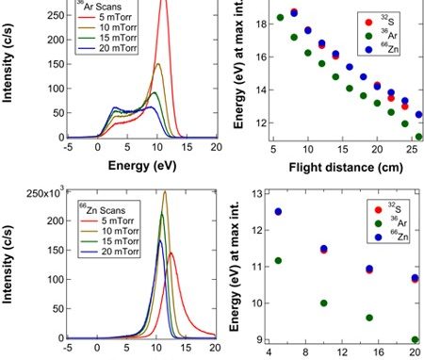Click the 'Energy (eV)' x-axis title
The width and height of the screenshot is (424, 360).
tap(142, 165)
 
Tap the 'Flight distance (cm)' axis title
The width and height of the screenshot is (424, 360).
tap(346, 167)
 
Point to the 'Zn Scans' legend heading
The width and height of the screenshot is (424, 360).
tap(102, 209)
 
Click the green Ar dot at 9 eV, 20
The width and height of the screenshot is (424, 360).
tap(416, 339)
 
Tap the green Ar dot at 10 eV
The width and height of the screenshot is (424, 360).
tap(324, 303)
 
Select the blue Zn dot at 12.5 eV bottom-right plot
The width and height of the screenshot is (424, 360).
tap(278, 212)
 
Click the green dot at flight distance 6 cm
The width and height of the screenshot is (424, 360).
tap(280, 17)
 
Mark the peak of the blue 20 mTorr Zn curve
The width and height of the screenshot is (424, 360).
tap(160, 240)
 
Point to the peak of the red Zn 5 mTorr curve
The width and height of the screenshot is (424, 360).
tap(171, 253)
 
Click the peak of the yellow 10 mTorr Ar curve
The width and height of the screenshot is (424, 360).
tap(158, 64)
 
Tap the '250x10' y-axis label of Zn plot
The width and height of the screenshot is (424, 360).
tap(45, 192)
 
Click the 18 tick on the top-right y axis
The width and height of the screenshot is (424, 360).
tap(261, 25)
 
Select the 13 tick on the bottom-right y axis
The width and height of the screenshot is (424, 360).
tap(257, 193)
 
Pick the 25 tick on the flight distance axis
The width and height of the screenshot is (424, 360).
tap(411, 149)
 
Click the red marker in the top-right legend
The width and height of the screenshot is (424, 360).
tap(368, 23)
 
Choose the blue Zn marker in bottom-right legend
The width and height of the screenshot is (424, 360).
tap(379, 237)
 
